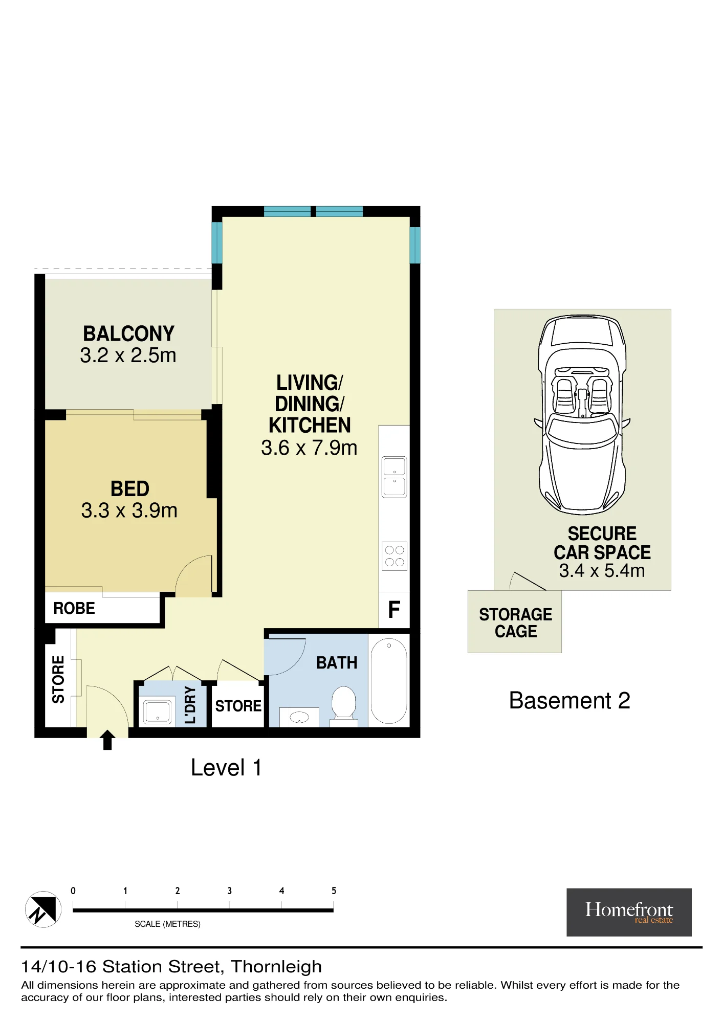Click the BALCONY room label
pos(129,333)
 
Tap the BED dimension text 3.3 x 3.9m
pos(129,510)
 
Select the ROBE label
pos(74,608)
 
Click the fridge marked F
pos(394,610)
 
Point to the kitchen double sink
pos(395,477)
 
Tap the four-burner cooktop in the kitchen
pos(395,556)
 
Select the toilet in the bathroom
pos(344,705)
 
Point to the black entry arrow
pos(107,740)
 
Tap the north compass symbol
pos(43,909)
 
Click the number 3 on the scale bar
pos(230,891)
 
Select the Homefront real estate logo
pos(629,912)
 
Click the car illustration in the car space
pos(582,415)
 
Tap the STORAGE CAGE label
pos(516,622)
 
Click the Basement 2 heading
pos(569,700)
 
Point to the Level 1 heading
pos(226,767)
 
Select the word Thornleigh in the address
pos(276,967)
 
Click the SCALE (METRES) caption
pos(167,924)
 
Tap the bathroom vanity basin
pos(299,717)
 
